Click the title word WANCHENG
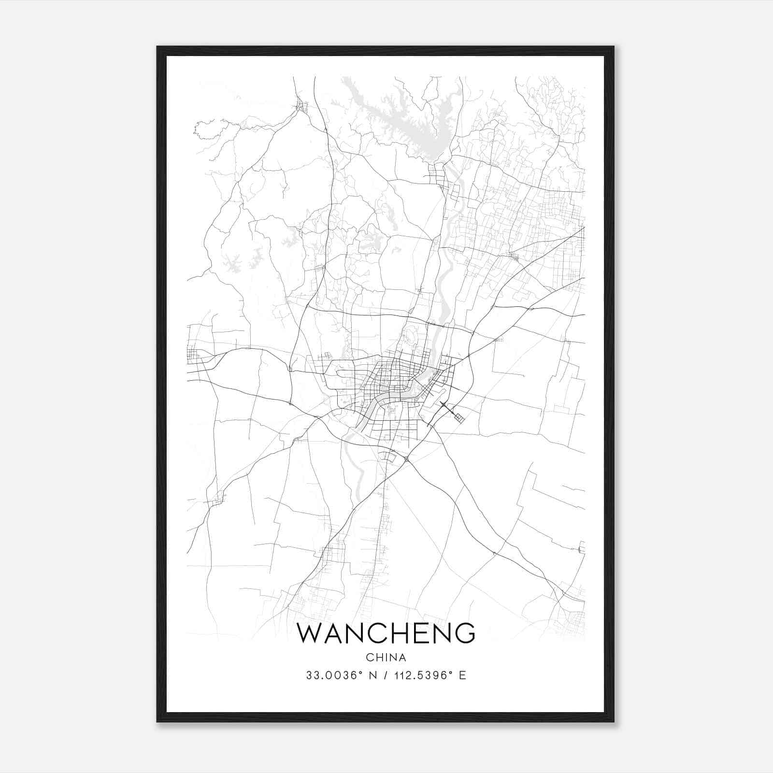[386, 633]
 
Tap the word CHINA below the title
[386, 658]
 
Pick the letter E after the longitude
[463, 675]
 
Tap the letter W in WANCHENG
[308, 633]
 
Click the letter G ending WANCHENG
[465, 633]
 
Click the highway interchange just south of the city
[407, 458]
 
